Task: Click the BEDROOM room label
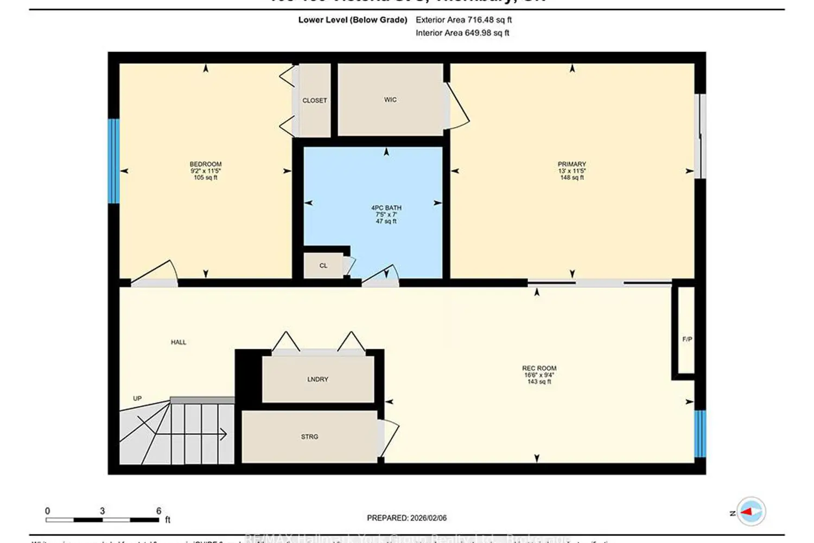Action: click(205, 164)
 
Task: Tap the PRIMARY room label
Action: click(571, 164)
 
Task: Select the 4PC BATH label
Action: click(386, 207)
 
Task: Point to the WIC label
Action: click(390, 100)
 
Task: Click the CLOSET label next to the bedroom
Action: click(314, 100)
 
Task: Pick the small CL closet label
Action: click(323, 266)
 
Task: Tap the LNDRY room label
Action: click(317, 380)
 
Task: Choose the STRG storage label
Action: click(309, 437)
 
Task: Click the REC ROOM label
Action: click(539, 368)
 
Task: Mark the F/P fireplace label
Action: click(687, 339)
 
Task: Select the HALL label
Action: click(179, 342)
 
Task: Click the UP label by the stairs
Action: click(137, 399)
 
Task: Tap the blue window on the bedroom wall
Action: click(113, 161)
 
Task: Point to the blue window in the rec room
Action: click(700, 433)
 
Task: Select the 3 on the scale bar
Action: click(102, 511)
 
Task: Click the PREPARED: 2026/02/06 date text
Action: click(406, 518)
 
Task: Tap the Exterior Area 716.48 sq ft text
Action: click(463, 20)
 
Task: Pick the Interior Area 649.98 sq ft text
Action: click(462, 33)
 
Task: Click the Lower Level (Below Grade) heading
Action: click(352, 20)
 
